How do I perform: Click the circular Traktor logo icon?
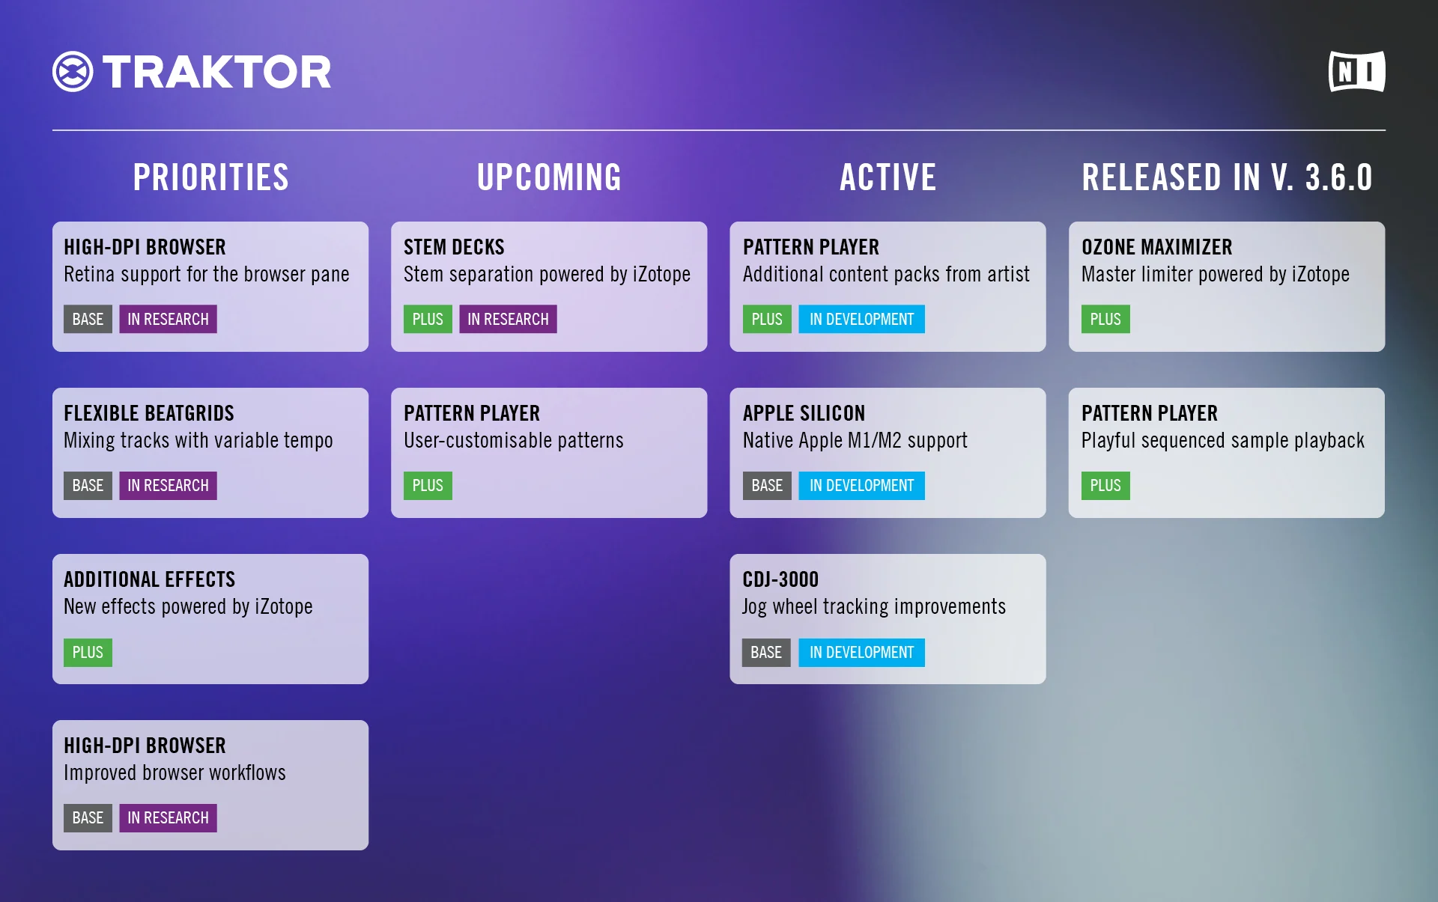click(73, 72)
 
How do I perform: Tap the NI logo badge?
click(1356, 72)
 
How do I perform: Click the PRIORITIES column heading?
click(210, 177)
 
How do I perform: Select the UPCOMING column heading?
click(549, 177)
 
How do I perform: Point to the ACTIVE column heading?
click(888, 177)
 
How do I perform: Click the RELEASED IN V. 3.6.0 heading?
click(1227, 177)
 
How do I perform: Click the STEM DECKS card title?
click(454, 247)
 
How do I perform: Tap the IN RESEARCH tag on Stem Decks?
click(508, 319)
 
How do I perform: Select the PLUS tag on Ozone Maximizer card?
click(1105, 319)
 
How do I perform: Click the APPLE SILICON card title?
click(804, 413)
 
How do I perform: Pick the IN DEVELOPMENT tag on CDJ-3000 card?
click(861, 652)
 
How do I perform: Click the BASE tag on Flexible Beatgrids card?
click(88, 485)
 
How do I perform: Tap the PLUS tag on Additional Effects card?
click(88, 652)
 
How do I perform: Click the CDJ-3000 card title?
click(780, 579)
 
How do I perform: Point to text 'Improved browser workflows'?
click(175, 773)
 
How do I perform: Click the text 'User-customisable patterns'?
click(513, 440)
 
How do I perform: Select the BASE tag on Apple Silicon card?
click(766, 485)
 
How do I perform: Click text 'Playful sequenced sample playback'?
click(1222, 440)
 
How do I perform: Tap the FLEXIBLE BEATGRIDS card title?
click(149, 413)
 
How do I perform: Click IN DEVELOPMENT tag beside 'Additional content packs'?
click(861, 319)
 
